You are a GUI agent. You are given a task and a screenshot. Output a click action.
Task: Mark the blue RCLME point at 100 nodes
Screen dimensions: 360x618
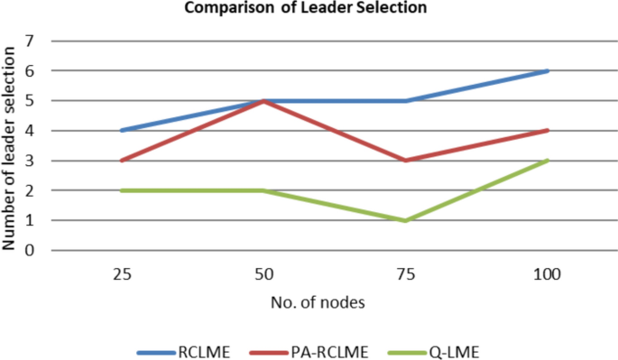pos(548,70)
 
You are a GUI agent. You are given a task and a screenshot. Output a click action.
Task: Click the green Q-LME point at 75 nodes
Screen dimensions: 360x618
pos(405,220)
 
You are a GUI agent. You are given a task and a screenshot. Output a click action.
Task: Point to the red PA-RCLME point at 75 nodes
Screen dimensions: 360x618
pos(405,161)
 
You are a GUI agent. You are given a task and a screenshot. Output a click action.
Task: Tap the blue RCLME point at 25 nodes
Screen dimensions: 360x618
pos(120,131)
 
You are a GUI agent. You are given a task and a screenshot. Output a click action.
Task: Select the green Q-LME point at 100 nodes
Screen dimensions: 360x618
pos(548,161)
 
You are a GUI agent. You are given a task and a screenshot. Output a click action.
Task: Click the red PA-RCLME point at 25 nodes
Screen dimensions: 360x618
pos(120,161)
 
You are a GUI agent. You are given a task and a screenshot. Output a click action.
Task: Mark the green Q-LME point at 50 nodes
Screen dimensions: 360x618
pos(263,190)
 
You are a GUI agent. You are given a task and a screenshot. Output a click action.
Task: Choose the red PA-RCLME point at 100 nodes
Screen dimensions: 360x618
pos(548,131)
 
